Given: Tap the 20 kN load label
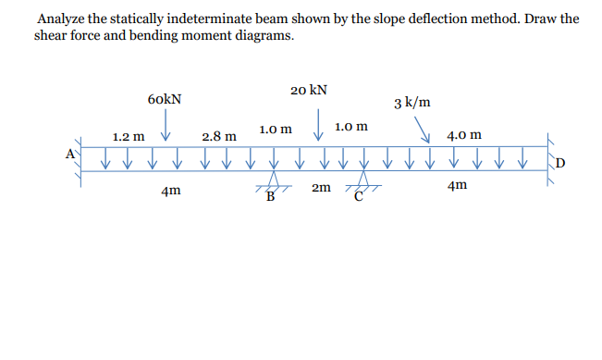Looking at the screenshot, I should pyautogui.click(x=307, y=91).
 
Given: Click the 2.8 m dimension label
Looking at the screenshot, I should pyautogui.click(x=218, y=136).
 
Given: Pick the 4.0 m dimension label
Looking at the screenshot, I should pyautogui.click(x=463, y=136).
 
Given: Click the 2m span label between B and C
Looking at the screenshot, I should pyautogui.click(x=321, y=188).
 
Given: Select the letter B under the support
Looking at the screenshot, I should pyautogui.click(x=271, y=196).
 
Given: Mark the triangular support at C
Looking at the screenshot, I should pyautogui.click(x=362, y=181).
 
